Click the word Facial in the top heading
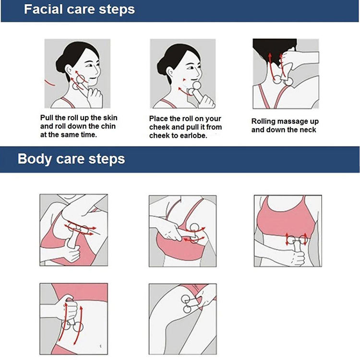click(x=43, y=10)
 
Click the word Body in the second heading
click(x=35, y=159)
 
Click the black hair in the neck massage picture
click(x=273, y=49)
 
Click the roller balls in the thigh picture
click(x=186, y=304)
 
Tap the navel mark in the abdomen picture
click(x=101, y=346)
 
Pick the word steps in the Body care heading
click(x=107, y=159)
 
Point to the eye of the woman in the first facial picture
click(x=88, y=66)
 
